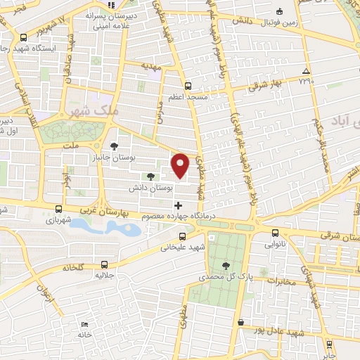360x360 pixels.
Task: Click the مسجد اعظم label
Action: point(188,96)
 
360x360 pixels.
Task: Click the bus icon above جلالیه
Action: point(105,265)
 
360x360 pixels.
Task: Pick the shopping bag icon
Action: point(240,322)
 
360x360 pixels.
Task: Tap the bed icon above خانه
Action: point(84,324)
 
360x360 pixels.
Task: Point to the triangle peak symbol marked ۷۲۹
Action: point(305,71)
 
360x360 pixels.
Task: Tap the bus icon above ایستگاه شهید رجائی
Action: point(25,37)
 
